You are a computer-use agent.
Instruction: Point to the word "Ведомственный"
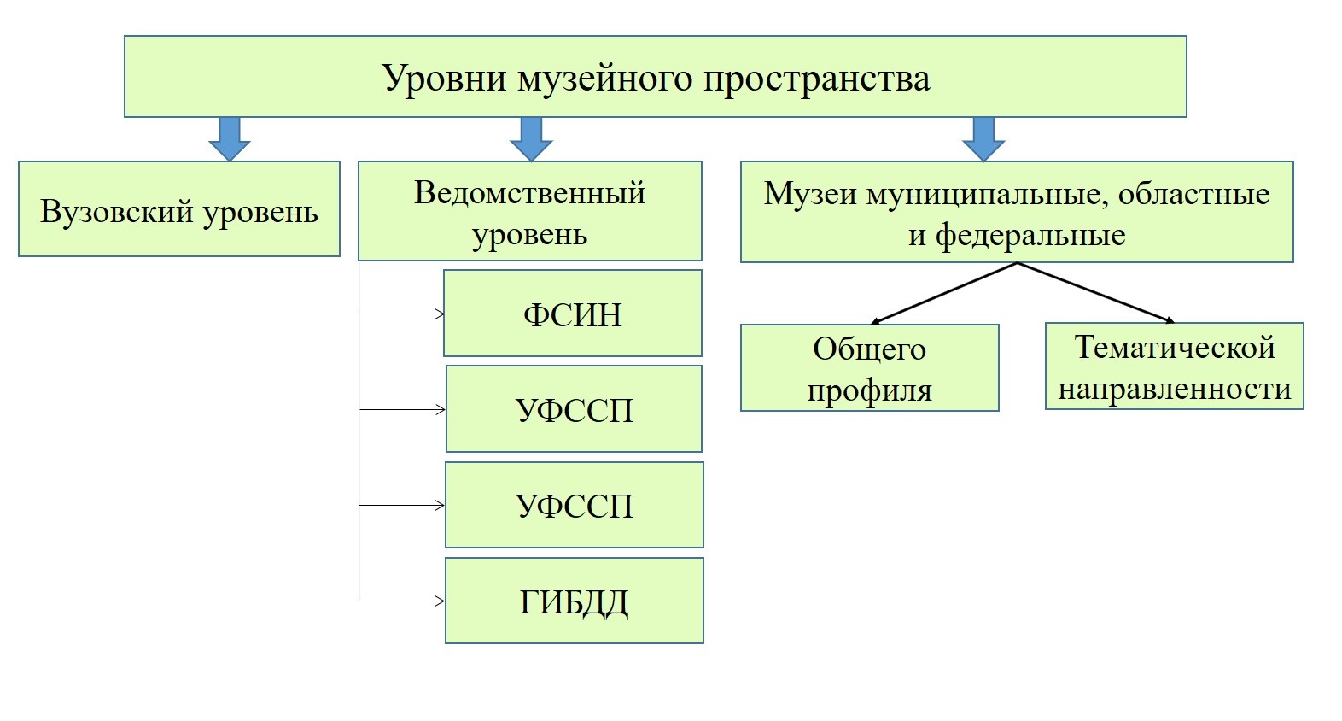529,193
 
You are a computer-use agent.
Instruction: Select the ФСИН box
573,314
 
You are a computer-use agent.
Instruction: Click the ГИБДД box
574,601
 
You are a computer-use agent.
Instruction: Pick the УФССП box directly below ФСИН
574,408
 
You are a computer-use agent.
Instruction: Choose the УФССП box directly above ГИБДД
574,505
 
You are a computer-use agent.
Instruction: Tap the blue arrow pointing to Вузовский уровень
230,139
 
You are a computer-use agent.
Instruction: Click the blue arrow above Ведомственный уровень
531,139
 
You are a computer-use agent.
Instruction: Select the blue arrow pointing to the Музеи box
983,139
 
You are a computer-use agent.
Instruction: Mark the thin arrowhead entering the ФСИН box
441,314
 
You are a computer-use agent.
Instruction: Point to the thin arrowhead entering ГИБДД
441,601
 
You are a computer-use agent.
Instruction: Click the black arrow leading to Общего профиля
943,294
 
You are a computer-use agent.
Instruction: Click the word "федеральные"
1030,235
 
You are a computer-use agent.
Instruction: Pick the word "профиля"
869,390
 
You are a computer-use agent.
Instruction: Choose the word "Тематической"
1175,348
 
